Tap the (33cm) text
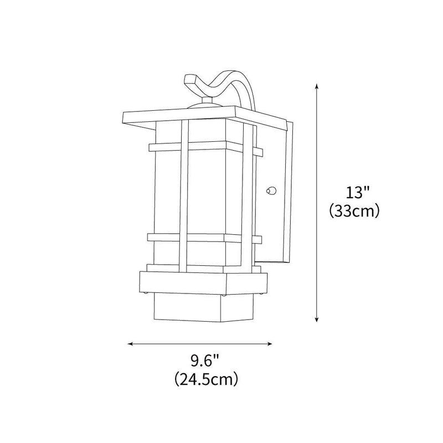[x=354, y=211]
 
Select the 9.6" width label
[x=205, y=362]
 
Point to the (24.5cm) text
[x=205, y=379]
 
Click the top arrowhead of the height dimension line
[x=316, y=86]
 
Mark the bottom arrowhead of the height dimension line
[x=316, y=319]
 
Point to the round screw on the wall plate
[x=270, y=191]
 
